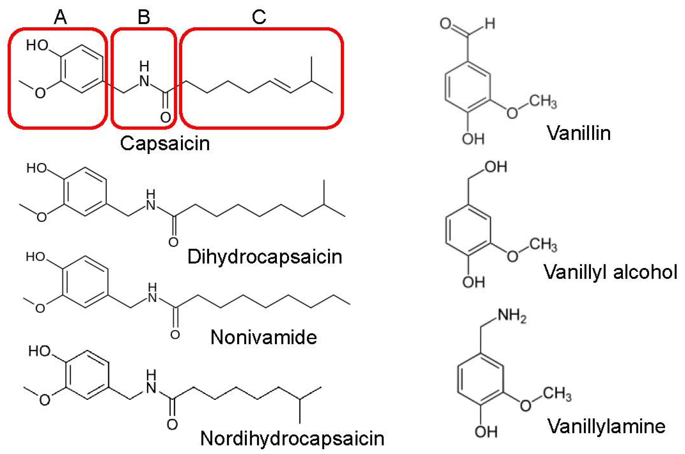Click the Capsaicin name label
[165, 143]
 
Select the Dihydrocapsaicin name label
[265, 256]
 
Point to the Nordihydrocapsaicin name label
[292, 438]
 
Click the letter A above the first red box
[60, 17]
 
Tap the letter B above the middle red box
[144, 17]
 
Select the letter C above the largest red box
[259, 17]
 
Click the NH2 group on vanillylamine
[512, 316]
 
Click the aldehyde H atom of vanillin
[490, 24]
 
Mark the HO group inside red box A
[37, 45]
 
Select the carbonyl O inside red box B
[165, 117]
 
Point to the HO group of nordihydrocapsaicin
[39, 351]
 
